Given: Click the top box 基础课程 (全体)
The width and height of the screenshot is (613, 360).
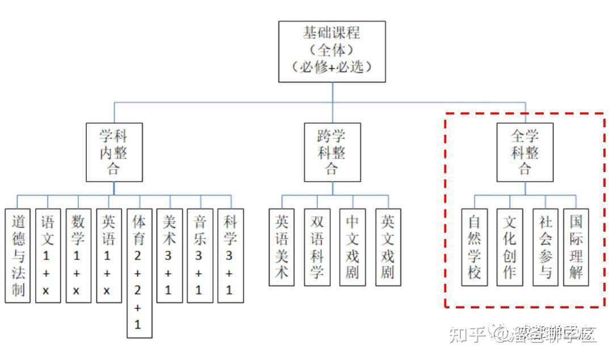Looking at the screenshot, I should (332, 52).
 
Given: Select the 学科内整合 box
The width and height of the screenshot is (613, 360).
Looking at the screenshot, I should (114, 152).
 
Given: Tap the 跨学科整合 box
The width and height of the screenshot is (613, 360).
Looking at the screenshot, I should (331, 152).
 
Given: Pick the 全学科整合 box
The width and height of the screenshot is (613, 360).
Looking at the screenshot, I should (525, 152).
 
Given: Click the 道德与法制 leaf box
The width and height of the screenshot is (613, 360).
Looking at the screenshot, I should (18, 256).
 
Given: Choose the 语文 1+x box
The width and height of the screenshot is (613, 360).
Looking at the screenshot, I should (48, 256).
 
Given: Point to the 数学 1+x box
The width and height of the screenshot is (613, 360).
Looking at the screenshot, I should (78, 256).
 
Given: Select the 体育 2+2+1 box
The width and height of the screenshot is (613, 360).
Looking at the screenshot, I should (139, 273).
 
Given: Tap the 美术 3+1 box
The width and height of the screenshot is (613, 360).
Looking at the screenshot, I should (169, 256).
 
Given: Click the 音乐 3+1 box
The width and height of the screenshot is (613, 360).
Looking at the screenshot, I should (199, 256).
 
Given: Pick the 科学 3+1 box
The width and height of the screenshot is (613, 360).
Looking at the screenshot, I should (230, 256).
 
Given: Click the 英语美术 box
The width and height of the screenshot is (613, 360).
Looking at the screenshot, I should (282, 247).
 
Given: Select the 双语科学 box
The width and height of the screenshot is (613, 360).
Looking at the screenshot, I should (317, 247).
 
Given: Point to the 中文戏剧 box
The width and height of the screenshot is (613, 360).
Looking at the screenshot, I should (352, 247).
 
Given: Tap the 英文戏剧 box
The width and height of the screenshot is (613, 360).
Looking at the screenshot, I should (388, 247).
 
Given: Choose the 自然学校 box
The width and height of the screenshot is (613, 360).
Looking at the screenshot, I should (474, 247).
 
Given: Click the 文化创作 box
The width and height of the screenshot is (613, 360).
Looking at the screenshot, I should (510, 247).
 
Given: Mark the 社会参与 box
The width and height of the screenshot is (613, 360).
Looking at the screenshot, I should (545, 247).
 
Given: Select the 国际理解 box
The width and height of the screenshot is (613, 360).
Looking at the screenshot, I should (576, 247).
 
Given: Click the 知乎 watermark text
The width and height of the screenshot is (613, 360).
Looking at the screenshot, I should (467, 335).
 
